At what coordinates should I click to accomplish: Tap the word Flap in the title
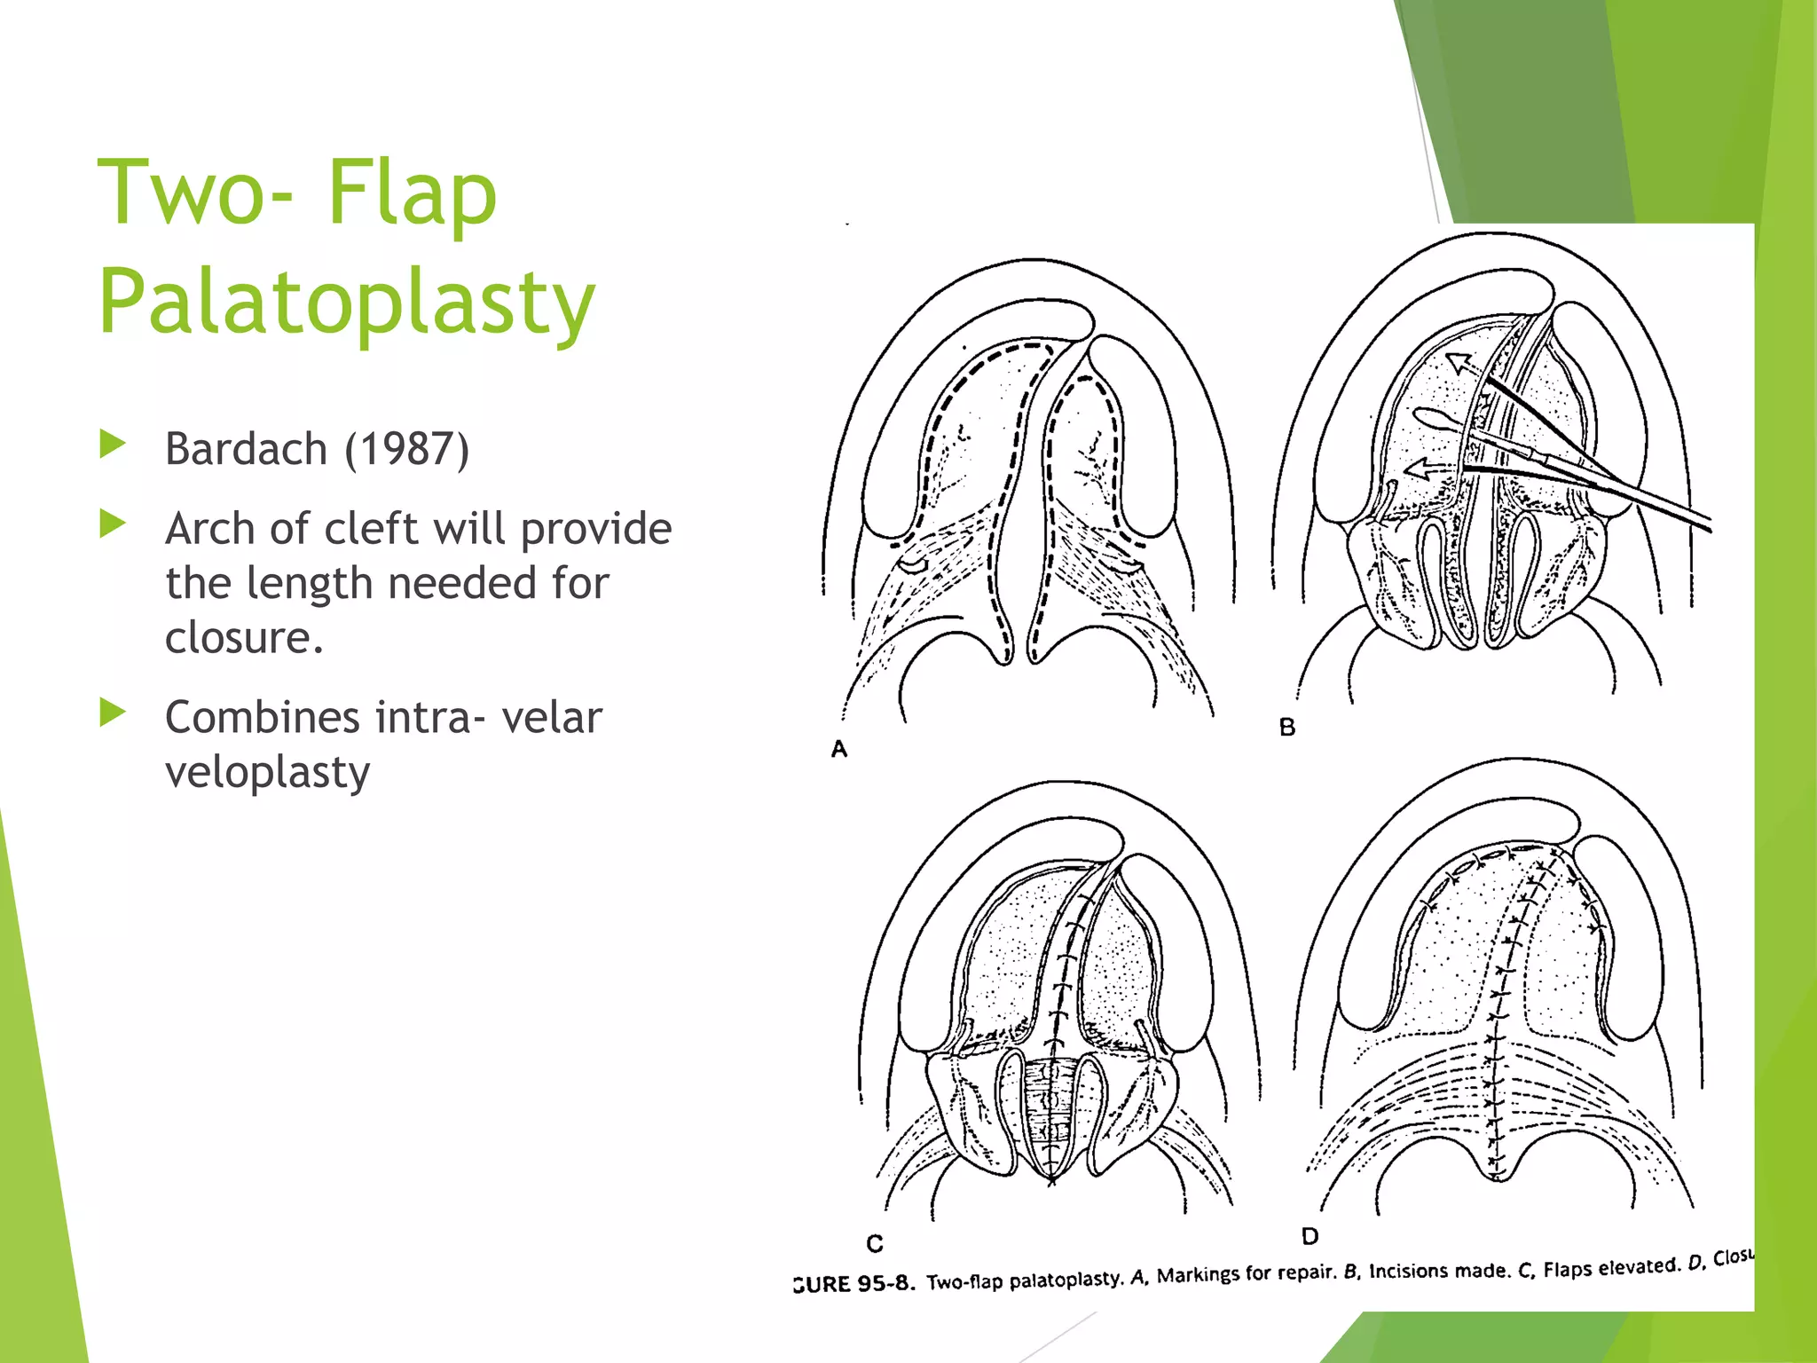tap(412, 193)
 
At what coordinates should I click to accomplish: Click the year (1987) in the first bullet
tap(406, 449)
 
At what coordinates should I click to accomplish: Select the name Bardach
tap(247, 449)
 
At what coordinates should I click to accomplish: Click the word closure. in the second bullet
tap(244, 638)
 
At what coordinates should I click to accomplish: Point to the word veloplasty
tap(267, 772)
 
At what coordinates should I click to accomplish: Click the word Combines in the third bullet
tap(262, 717)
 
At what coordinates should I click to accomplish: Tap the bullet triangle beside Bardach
tap(113, 445)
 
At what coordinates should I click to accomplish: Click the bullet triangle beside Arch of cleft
tap(113, 524)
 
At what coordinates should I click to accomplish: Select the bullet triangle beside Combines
tap(113, 713)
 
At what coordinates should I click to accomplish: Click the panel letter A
tap(839, 750)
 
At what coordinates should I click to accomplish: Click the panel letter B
tap(1287, 728)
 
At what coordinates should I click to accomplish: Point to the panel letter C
tap(875, 1244)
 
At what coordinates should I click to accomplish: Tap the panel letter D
tap(1310, 1236)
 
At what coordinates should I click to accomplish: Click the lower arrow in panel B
tap(1428, 468)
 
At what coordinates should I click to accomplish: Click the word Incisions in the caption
tap(1406, 1272)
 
